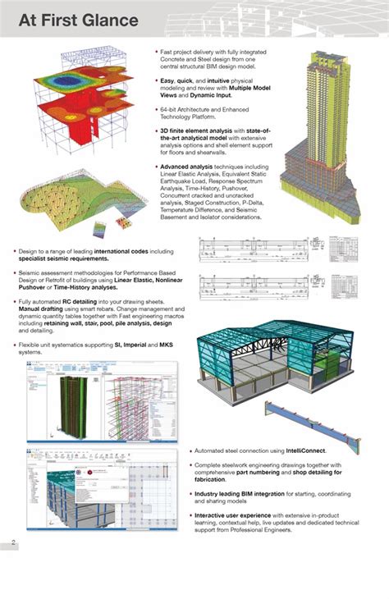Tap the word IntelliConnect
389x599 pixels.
point(304,450)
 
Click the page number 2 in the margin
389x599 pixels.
point(13,542)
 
